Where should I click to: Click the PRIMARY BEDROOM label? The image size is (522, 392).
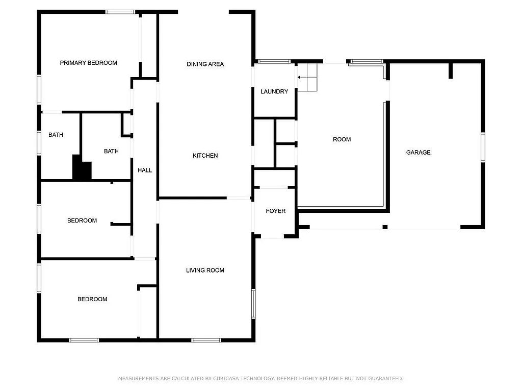(88, 63)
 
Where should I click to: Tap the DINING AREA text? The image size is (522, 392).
(205, 64)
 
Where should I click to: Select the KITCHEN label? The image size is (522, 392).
(205, 156)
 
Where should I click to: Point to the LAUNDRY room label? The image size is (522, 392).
(274, 92)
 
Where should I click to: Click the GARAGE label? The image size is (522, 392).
(418, 152)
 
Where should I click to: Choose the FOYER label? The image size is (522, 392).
(275, 211)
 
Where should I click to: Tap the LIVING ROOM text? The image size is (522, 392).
(205, 271)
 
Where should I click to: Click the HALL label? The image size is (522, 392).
(145, 170)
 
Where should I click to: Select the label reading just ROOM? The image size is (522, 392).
(342, 139)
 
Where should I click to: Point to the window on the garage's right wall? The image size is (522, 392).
(482, 148)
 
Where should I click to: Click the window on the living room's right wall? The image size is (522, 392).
(253, 304)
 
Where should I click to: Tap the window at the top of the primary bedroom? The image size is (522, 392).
(120, 12)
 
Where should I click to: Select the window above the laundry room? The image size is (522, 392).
(274, 61)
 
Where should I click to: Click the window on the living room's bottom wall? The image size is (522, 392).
(206, 339)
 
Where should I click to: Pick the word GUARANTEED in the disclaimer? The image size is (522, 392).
(385, 379)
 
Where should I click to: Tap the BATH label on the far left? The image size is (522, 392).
(56, 135)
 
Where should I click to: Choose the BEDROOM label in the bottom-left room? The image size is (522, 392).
(92, 299)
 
